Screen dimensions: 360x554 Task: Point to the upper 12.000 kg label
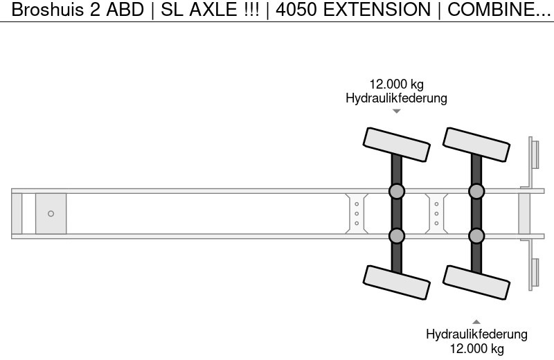[396, 85]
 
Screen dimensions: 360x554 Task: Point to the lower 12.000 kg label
[476, 348]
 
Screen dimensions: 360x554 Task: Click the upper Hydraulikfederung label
[396, 98]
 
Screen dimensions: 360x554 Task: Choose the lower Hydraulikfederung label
[476, 334]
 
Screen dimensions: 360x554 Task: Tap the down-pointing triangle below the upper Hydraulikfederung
[396, 111]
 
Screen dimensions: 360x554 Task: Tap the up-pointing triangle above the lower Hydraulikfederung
[476, 321]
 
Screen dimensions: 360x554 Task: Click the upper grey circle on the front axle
[396, 191]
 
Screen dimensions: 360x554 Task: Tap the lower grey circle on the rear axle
[476, 236]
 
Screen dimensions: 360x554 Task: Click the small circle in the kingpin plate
[51, 213]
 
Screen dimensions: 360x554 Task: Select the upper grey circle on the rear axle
[476, 191]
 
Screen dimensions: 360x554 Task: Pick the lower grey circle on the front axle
[396, 236]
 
